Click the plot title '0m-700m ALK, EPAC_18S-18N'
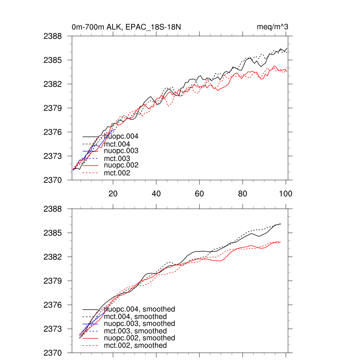point(127,27)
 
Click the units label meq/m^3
point(273,27)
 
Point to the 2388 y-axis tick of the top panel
point(52,36)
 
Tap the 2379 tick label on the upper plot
point(52,108)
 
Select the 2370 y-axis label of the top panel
point(52,180)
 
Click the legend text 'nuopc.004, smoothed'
point(140,309)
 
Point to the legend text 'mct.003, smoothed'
point(135,331)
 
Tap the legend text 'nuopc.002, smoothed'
point(140,338)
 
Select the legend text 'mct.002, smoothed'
point(135,346)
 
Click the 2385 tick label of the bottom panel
point(52,233)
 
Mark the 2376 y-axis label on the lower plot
point(52,305)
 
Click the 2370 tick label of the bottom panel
point(52,353)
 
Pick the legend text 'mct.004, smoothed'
point(135,317)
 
